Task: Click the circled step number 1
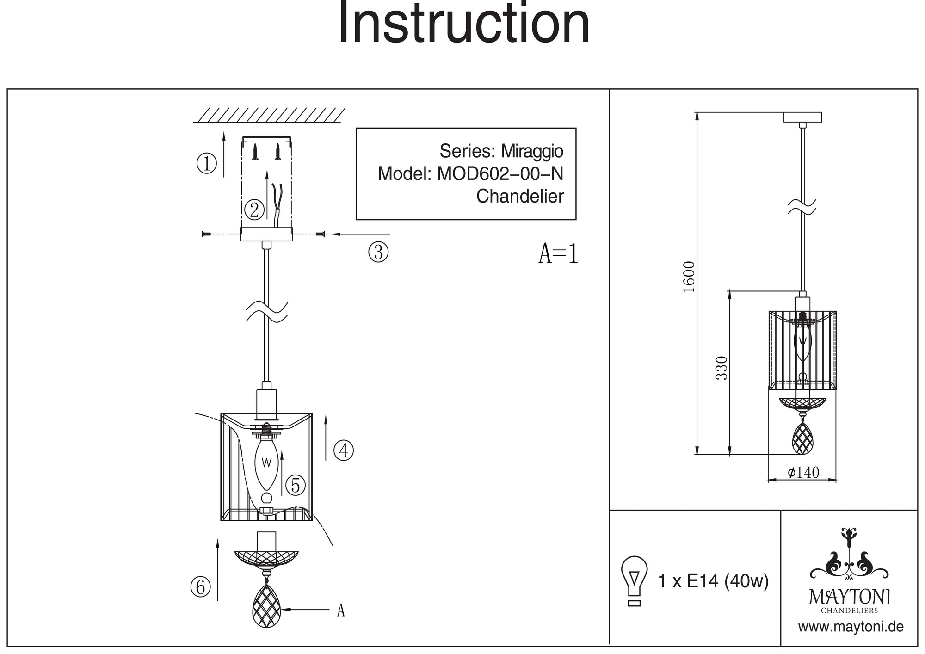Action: pyautogui.click(x=207, y=163)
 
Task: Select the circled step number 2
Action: pyautogui.click(x=254, y=210)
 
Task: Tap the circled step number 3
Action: pyautogui.click(x=378, y=253)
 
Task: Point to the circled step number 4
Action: pyautogui.click(x=344, y=450)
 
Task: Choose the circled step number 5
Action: pyautogui.click(x=296, y=485)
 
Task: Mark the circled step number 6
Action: pyautogui.click(x=200, y=587)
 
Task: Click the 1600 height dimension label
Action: pyautogui.click(x=689, y=277)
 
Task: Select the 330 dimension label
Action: pyautogui.click(x=722, y=368)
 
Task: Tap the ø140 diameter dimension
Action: pyautogui.click(x=803, y=472)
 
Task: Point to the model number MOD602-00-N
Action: pyautogui.click(x=500, y=174)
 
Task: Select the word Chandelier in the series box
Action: pyautogui.click(x=520, y=197)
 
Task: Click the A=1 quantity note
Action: pyautogui.click(x=558, y=254)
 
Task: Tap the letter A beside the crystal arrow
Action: pyautogui.click(x=341, y=611)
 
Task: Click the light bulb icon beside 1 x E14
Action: pyautogui.click(x=634, y=581)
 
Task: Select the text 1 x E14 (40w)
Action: pyautogui.click(x=713, y=581)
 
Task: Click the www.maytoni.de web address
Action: pyautogui.click(x=851, y=627)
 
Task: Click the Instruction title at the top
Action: pyautogui.click(x=464, y=23)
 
